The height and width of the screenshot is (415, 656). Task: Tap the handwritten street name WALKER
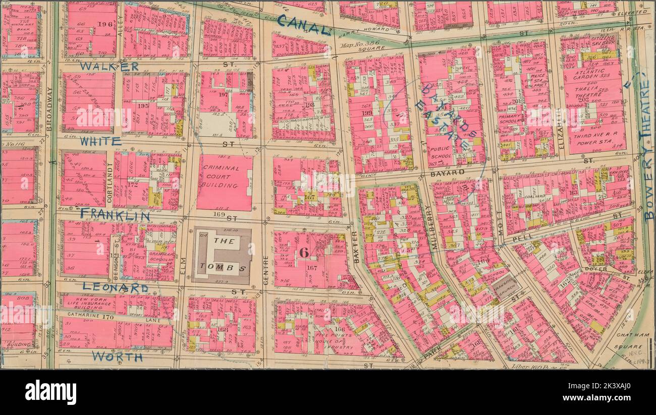108,66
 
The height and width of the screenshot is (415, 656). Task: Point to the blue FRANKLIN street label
115,216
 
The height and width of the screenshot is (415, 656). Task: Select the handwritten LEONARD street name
115,287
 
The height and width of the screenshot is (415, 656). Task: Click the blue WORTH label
117,357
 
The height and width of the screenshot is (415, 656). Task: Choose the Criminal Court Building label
224,177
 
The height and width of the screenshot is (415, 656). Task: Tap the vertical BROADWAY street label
49,109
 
